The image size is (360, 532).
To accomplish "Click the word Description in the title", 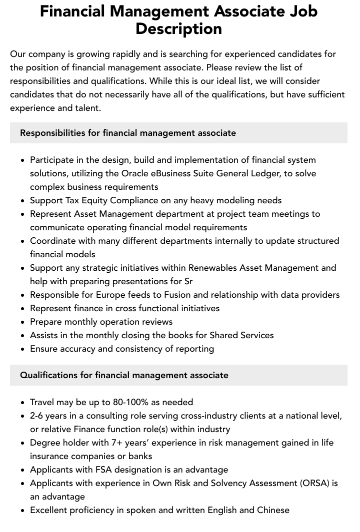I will pyautogui.click(x=178, y=29).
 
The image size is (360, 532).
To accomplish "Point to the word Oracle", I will pyautogui.click(x=135, y=173).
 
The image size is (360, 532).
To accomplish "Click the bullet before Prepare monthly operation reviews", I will pyautogui.click(x=23, y=322).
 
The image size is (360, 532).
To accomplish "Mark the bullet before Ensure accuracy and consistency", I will pyautogui.click(x=23, y=349).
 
